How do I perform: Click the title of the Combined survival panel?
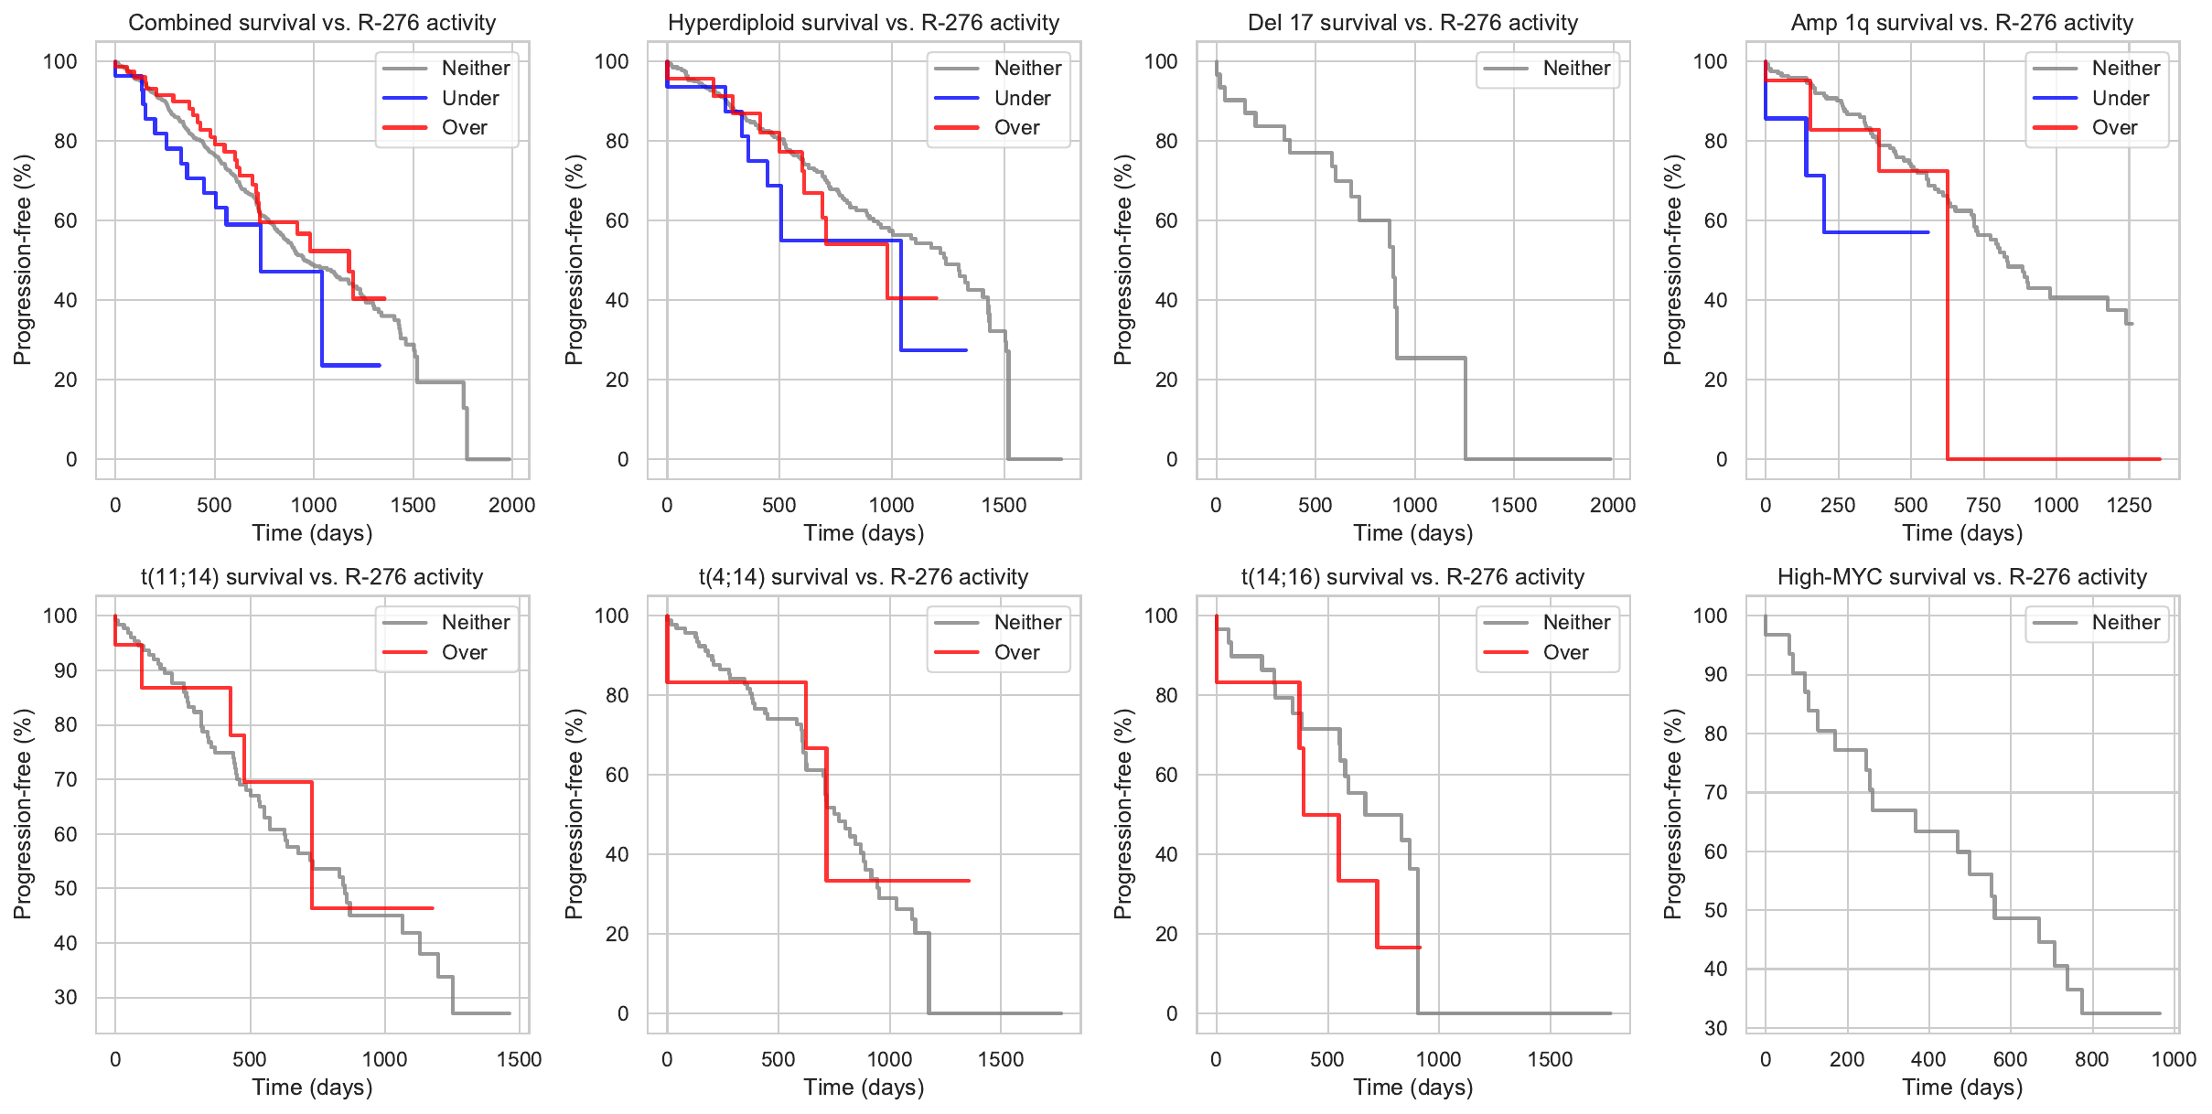click(312, 23)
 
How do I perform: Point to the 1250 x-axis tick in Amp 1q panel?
click(2129, 505)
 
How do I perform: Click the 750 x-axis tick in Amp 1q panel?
click(1983, 505)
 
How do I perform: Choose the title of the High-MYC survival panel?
click(1961, 577)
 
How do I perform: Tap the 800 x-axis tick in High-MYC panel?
click(2091, 1059)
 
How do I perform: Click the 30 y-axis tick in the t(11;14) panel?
click(65, 997)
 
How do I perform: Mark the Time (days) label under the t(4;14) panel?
click(864, 1087)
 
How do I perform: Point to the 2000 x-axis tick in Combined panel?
click(511, 505)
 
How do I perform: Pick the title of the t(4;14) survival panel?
click(864, 577)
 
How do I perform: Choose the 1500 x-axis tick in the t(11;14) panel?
click(519, 1059)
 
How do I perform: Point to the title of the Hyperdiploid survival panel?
click(864, 23)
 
